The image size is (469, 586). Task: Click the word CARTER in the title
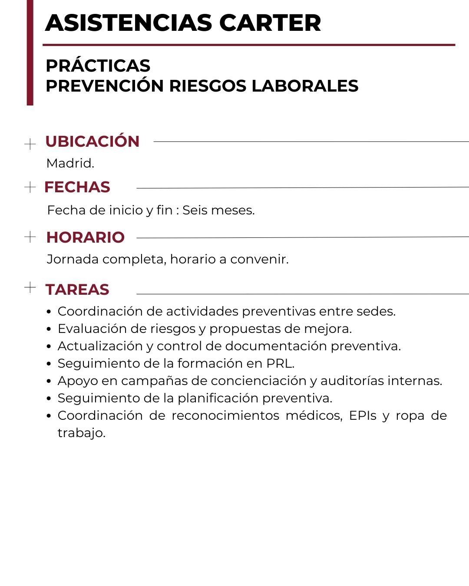(270, 23)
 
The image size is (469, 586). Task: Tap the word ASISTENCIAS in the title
(129, 23)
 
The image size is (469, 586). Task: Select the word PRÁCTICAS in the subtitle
(98, 66)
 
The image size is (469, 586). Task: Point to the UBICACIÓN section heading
(92, 142)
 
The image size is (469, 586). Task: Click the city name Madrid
(70, 163)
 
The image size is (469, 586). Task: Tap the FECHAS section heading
(77, 187)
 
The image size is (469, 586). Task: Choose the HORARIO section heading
(86, 237)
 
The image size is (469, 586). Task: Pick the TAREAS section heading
(77, 290)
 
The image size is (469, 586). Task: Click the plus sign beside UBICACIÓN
(30, 144)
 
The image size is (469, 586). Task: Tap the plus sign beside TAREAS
(30, 287)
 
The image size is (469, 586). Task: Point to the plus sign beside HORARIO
(30, 237)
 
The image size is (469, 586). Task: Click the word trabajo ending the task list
(81, 433)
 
